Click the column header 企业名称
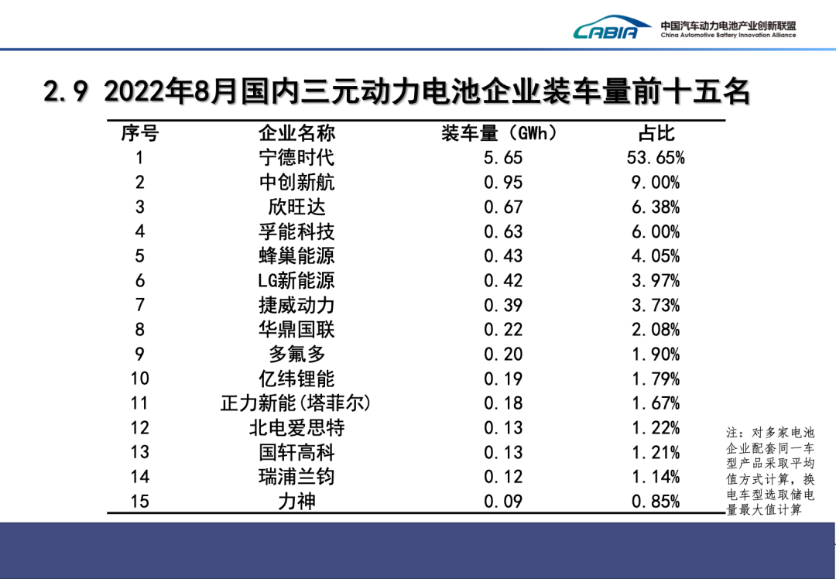point(296,133)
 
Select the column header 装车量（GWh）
point(500,133)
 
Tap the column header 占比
point(656,133)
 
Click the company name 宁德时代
point(296,158)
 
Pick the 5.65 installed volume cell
point(503,158)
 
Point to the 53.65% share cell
point(656,158)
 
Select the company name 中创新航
point(296,183)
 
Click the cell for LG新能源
point(296,280)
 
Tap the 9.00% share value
point(656,183)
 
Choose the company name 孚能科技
point(296,231)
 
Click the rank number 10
point(139,379)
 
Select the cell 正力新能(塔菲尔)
point(296,403)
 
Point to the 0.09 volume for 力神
point(503,502)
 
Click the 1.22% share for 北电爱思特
point(656,428)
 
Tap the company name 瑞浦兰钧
point(296,477)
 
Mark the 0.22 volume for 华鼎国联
point(503,330)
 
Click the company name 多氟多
point(296,355)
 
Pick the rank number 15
point(139,502)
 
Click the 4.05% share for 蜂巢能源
point(656,256)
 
